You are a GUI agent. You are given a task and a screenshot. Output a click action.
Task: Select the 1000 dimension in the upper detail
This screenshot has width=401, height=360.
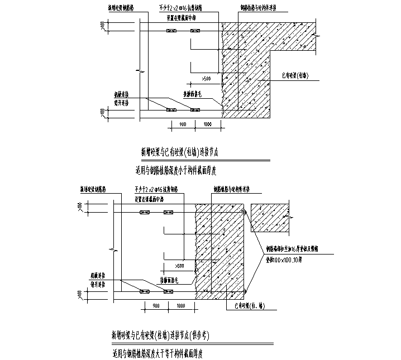(207, 124)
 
